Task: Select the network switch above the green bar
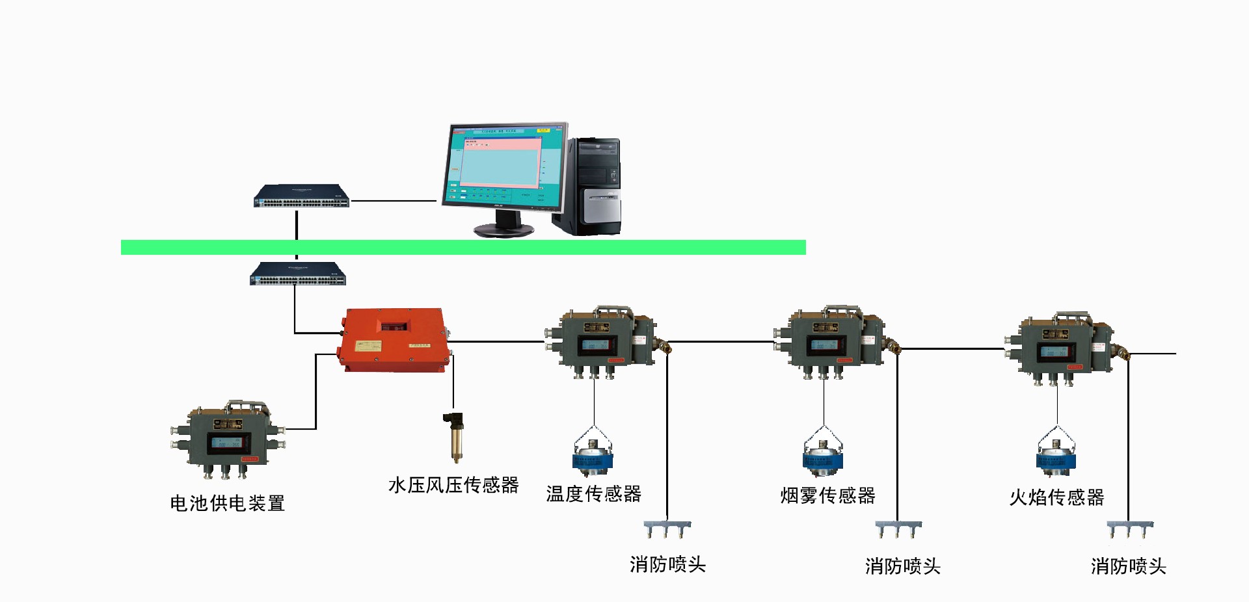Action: [301, 196]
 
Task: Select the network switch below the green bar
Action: [298, 274]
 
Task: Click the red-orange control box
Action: [394, 339]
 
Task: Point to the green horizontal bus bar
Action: [463, 247]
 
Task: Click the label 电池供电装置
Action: [228, 503]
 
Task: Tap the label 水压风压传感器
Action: [453, 485]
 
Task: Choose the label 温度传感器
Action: [593, 494]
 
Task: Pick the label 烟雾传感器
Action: [827, 496]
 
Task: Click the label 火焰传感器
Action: [1056, 498]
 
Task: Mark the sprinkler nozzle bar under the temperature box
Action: [667, 527]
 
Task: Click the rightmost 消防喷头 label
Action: [1128, 566]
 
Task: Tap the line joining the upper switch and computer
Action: [394, 201]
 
